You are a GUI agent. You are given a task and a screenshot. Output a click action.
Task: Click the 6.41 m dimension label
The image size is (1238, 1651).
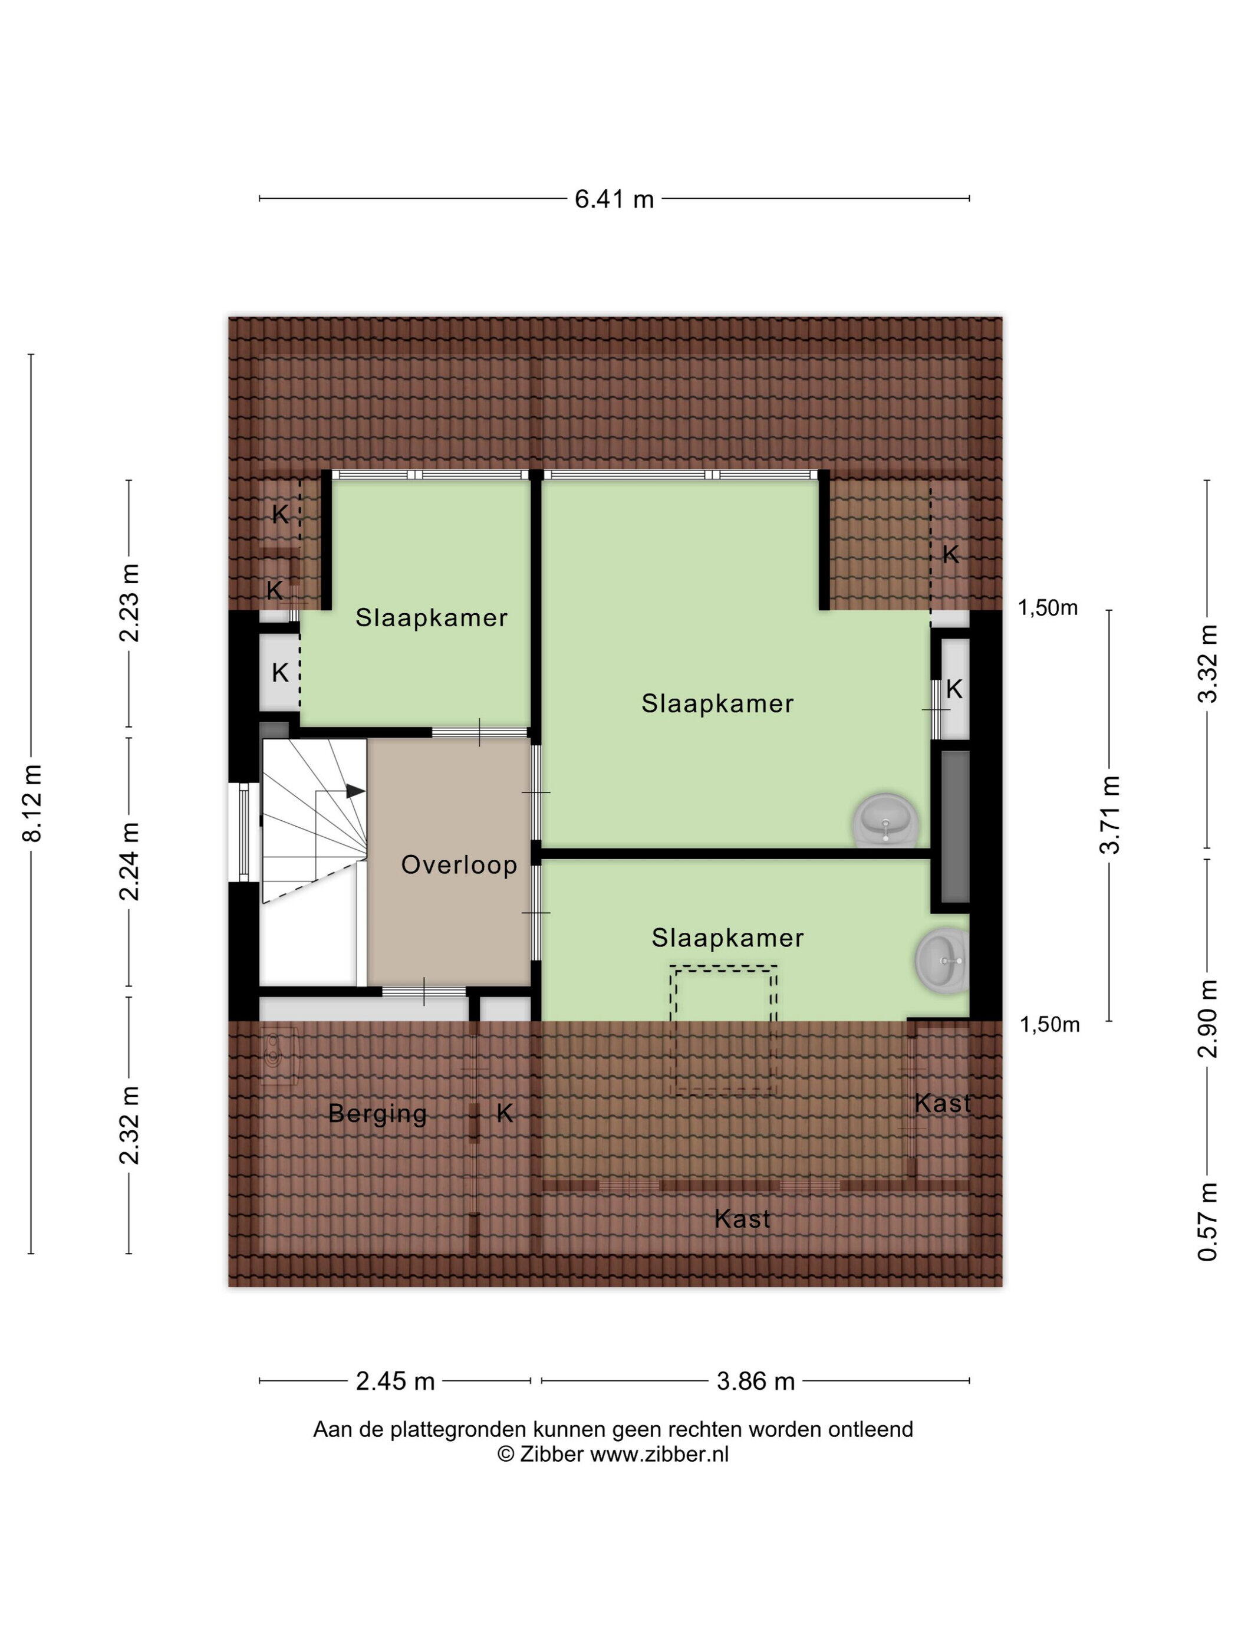click(614, 199)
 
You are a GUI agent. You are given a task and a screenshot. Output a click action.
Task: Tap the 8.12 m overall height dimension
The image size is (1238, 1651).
click(33, 803)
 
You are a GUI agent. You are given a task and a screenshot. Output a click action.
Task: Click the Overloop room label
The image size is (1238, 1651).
click(459, 865)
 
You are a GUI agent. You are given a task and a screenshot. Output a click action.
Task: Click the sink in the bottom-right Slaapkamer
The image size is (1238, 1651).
click(941, 961)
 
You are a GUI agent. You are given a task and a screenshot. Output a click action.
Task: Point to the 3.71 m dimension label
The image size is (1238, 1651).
click(1109, 814)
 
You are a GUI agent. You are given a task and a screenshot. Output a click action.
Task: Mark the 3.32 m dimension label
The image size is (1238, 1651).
click(1207, 663)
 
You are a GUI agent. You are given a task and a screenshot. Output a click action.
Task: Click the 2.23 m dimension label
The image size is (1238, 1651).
click(129, 603)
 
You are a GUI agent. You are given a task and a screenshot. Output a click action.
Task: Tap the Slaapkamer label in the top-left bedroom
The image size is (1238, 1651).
click(432, 618)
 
